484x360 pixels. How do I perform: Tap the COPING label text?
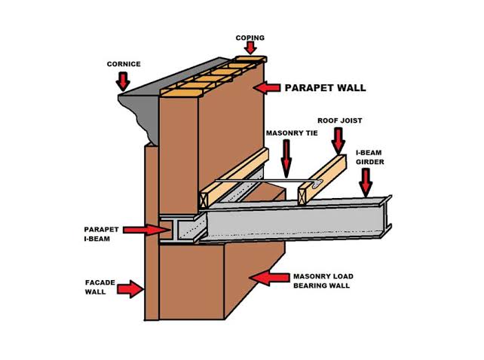tap(249, 37)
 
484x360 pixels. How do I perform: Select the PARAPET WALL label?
tap(325, 88)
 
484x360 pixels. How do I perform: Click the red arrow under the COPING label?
tap(250, 49)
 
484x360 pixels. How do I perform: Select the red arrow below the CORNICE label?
tap(123, 80)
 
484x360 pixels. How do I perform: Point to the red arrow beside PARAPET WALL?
tap(267, 88)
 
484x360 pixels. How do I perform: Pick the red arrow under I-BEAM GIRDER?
tap(366, 181)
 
